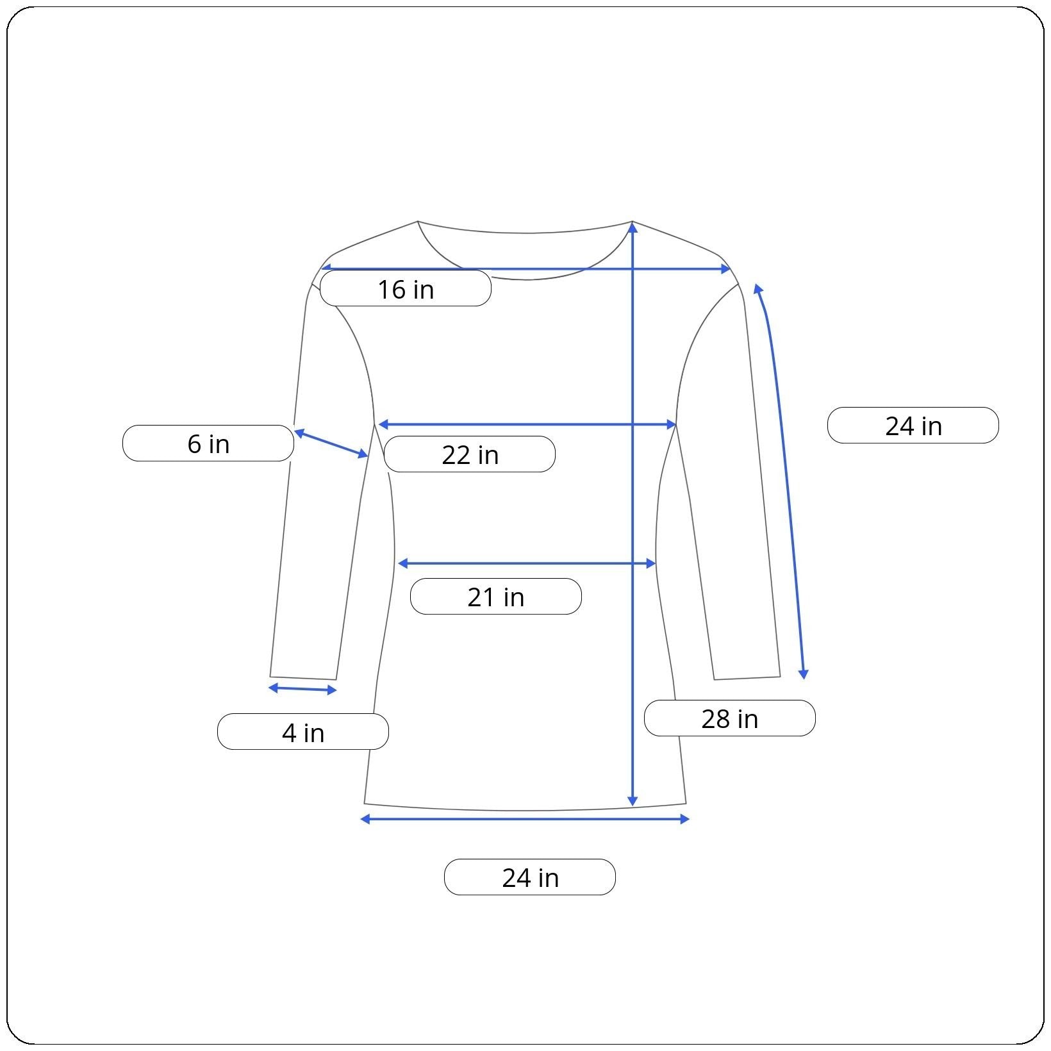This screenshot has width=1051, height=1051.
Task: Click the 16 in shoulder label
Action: click(x=405, y=288)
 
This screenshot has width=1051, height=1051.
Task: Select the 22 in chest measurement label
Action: click(x=469, y=454)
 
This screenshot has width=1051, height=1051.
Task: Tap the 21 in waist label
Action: click(x=495, y=597)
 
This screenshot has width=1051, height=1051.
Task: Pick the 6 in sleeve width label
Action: click(x=208, y=443)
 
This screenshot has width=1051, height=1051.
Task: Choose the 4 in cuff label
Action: click(x=303, y=732)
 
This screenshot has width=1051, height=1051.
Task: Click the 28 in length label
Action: click(x=729, y=718)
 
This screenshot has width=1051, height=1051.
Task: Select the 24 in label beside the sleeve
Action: click(x=913, y=426)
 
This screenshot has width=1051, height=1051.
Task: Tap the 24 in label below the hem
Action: click(x=530, y=877)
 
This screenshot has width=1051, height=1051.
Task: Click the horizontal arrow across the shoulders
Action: click(x=525, y=269)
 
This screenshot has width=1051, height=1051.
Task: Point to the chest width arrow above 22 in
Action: click(x=527, y=424)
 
